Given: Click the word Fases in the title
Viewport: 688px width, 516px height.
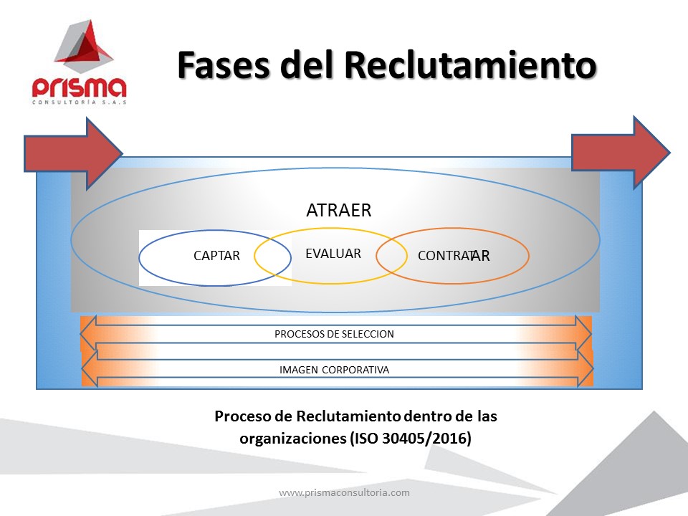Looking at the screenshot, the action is click(x=224, y=65).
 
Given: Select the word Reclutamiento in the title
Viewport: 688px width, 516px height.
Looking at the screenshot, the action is click(x=470, y=65).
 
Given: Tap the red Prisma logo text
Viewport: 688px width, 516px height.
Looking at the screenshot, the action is click(x=79, y=87).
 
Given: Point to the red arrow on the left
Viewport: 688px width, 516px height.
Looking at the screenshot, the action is click(x=73, y=153).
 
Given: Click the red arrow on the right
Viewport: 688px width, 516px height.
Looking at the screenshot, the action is click(x=621, y=153).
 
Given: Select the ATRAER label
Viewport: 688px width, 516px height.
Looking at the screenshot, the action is click(x=339, y=210).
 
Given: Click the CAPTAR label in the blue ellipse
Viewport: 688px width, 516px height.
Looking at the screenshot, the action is click(x=216, y=255).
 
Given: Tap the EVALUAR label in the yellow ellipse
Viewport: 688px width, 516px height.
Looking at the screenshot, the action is click(x=333, y=253).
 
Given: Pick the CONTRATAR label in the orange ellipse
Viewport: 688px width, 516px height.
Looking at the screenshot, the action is click(x=454, y=255).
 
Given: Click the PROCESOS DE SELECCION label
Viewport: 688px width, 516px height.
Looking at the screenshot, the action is click(x=335, y=334).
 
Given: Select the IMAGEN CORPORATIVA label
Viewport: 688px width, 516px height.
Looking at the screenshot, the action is click(x=335, y=370).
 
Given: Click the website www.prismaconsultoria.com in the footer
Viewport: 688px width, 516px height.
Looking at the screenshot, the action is click(x=345, y=492).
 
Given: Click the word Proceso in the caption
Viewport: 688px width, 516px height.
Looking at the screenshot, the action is click(x=243, y=416).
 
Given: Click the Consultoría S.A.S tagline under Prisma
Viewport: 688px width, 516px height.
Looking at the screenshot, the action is click(x=79, y=102).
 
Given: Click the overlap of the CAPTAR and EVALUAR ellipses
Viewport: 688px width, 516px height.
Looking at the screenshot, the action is click(x=272, y=257).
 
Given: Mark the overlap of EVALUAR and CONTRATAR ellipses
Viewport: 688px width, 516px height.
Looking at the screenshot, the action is click(x=391, y=256).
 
